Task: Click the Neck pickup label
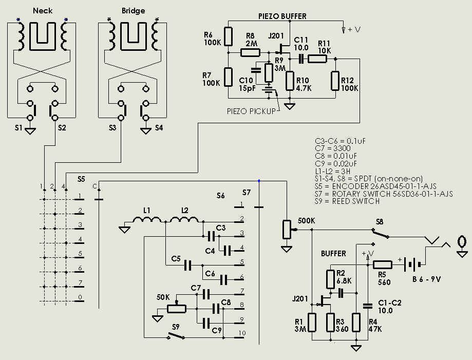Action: coord(42,10)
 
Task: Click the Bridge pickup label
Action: coord(133,10)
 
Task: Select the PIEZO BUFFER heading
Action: coord(282,16)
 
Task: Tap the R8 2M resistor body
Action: coord(251,52)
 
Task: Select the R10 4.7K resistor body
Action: coord(290,81)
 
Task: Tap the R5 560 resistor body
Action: coord(382,265)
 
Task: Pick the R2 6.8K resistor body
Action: coord(330,279)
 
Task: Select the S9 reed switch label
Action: coord(176,327)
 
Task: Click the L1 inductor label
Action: coord(147,211)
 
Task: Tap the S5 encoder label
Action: coord(81,179)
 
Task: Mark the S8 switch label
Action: coord(379,222)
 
